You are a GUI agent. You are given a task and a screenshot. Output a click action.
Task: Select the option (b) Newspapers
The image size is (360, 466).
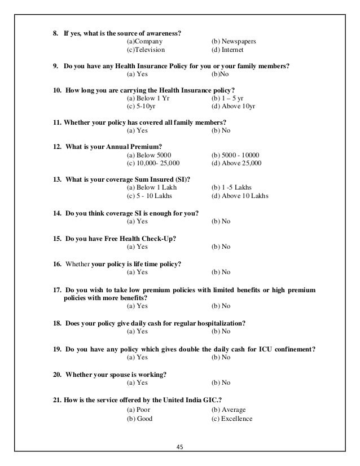pos(233,42)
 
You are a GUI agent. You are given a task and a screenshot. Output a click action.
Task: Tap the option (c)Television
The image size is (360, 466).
pos(146,50)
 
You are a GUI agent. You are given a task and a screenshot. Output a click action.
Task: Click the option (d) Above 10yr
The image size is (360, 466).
pos(233,107)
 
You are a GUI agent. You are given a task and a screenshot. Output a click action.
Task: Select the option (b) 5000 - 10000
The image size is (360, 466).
pos(234,155)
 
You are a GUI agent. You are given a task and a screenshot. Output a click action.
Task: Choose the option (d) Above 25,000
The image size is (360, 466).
pos(236,164)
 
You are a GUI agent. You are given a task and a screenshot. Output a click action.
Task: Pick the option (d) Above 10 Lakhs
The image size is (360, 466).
pos(239,196)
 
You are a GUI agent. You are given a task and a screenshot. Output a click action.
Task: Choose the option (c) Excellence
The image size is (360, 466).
pos(231,419)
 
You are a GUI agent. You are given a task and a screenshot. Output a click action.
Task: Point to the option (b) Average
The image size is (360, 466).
pos(228,410)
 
